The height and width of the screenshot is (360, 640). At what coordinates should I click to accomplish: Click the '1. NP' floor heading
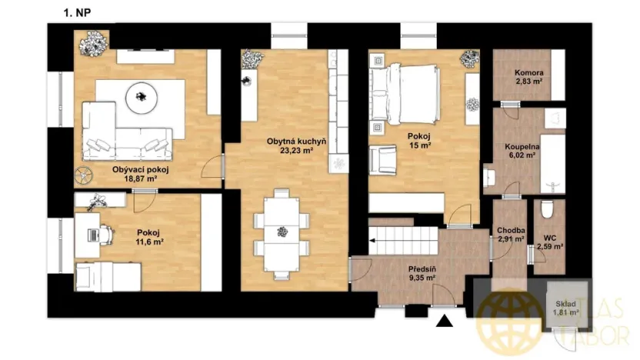click(x=79, y=13)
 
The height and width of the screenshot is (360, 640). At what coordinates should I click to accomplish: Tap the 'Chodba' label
click(x=511, y=230)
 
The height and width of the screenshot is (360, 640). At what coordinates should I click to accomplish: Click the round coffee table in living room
click(x=141, y=96)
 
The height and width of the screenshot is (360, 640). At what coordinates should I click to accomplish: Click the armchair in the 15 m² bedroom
click(x=383, y=159)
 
